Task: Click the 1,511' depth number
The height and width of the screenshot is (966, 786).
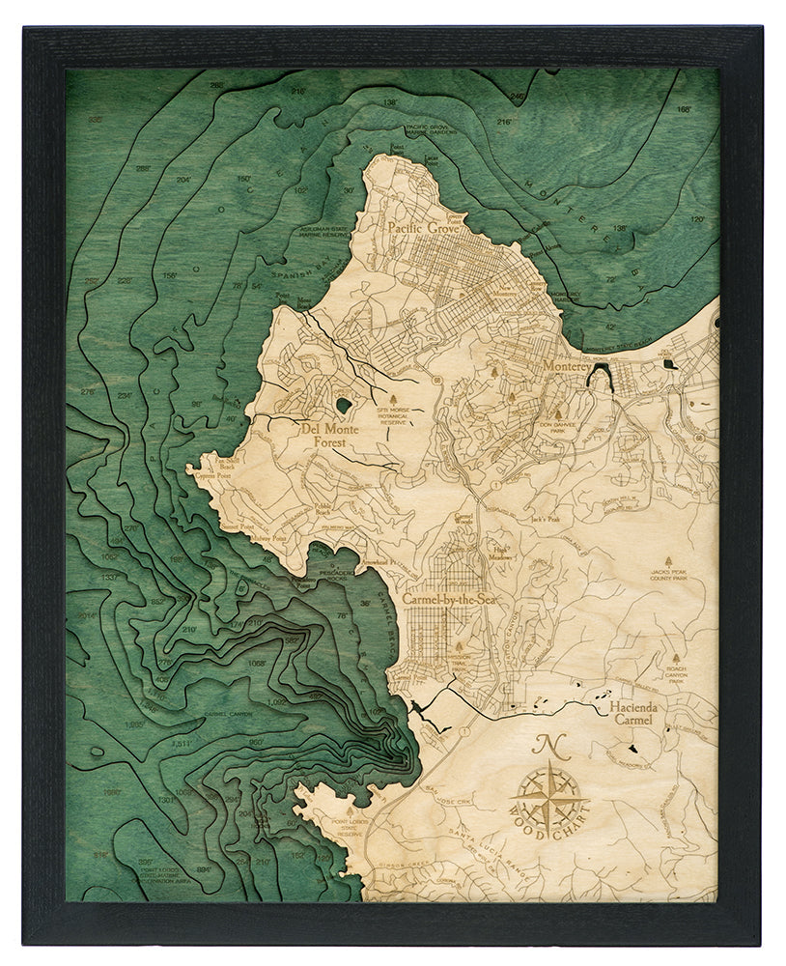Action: coord(182,743)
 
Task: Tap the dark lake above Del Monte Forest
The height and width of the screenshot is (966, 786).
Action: coord(343,406)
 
